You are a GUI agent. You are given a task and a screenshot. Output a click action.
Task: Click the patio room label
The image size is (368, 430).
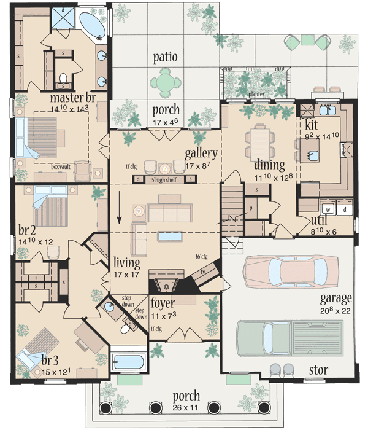166,57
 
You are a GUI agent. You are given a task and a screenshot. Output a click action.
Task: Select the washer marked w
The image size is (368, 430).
328,209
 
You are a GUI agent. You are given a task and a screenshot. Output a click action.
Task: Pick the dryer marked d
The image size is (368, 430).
344,209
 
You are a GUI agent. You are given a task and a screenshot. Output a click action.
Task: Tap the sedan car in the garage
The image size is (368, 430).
288,268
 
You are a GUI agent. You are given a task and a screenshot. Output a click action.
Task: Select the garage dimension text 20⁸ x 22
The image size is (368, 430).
335,311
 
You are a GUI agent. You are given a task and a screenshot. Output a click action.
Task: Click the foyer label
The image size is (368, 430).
163,303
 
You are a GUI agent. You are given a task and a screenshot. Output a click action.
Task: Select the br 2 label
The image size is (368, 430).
27,231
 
